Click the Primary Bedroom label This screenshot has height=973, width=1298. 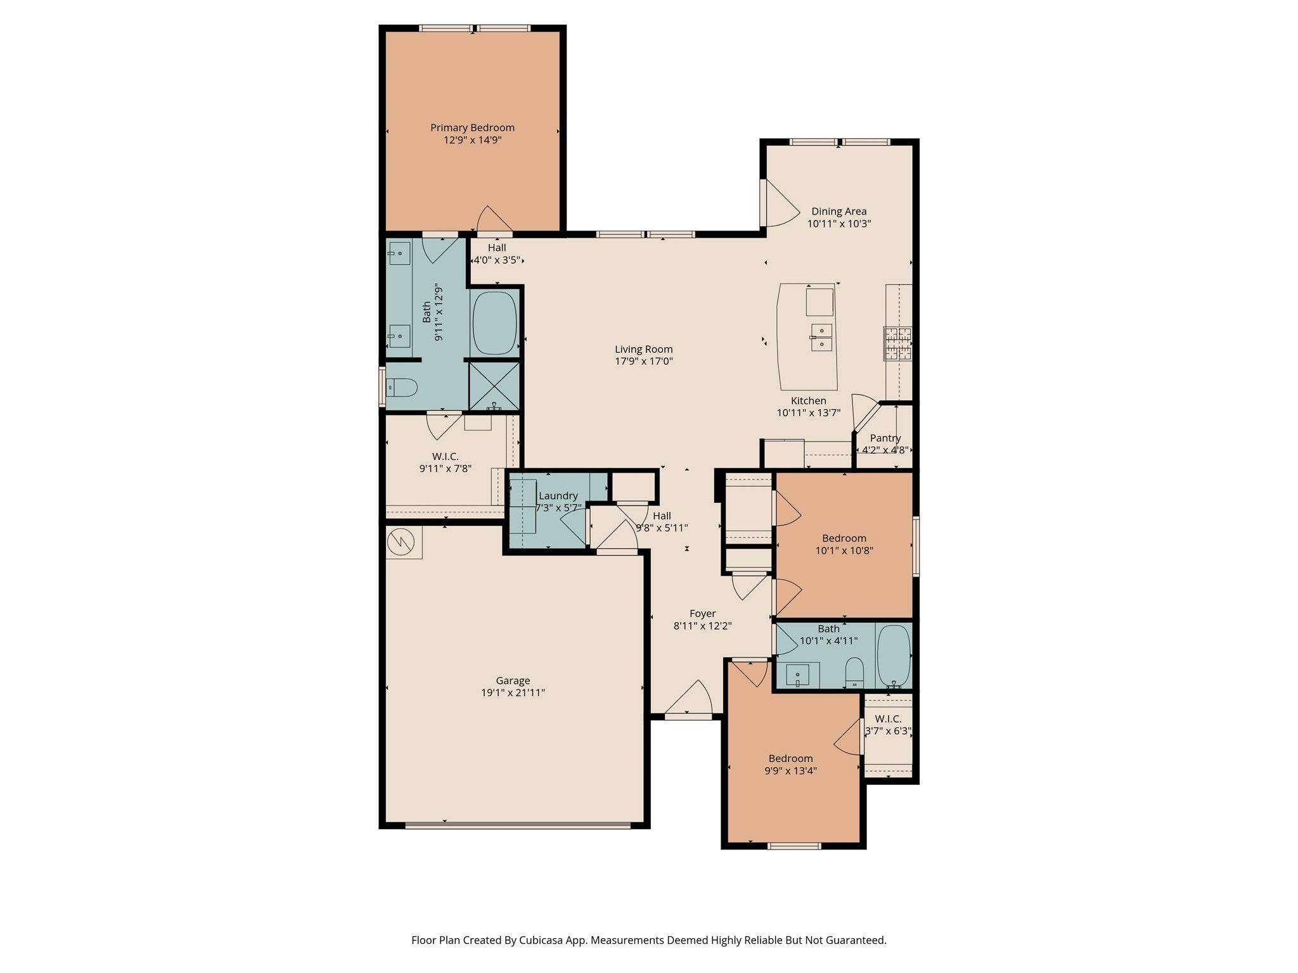point(472,127)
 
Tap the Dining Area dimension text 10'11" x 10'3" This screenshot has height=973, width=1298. point(839,224)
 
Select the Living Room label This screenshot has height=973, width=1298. point(643,349)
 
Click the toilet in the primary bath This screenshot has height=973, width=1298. point(402,386)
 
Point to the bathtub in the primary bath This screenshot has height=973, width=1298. point(494,323)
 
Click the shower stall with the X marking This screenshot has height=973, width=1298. point(494,386)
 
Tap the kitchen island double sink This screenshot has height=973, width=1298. point(821,337)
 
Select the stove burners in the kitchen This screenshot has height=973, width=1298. point(898,344)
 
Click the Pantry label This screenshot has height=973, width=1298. point(885,438)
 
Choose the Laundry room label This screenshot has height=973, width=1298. point(558,496)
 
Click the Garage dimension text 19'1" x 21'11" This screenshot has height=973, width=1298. point(513,693)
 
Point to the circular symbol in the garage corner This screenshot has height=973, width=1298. point(401,542)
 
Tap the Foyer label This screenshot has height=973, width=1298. point(702,613)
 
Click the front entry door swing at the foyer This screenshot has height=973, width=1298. point(688,698)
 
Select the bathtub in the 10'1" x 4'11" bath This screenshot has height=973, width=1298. point(894,656)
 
